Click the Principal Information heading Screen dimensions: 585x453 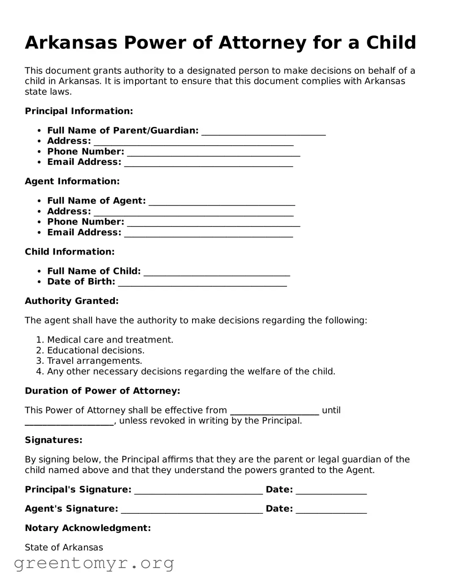(x=79, y=111)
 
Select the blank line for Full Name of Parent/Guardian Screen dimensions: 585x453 (x=263, y=132)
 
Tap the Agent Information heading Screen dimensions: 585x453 (x=72, y=182)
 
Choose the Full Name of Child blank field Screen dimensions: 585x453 (x=217, y=273)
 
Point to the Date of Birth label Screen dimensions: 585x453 (x=81, y=282)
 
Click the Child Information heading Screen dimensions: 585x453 (x=70, y=252)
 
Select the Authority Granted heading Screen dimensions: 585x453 (x=72, y=301)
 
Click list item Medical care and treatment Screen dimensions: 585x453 (x=110, y=340)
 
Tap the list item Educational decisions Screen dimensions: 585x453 (x=95, y=351)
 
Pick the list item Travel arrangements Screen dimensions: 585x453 (x=95, y=361)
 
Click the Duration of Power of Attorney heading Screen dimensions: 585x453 (x=103, y=391)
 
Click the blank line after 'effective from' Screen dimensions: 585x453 (x=274, y=412)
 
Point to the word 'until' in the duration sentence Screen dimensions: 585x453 (x=331, y=411)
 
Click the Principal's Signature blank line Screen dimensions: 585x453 (x=198, y=491)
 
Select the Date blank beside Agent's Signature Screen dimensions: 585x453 (x=331, y=510)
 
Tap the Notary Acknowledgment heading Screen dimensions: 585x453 (x=88, y=529)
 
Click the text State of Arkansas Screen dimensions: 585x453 (x=64, y=548)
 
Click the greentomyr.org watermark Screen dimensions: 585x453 (x=94, y=564)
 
